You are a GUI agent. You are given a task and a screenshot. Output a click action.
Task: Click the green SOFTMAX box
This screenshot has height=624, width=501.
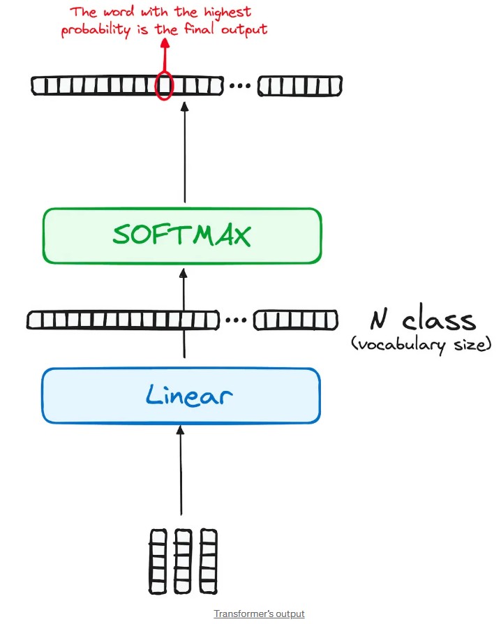tap(181, 235)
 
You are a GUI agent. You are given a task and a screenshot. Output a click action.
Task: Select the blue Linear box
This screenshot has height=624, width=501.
tap(181, 396)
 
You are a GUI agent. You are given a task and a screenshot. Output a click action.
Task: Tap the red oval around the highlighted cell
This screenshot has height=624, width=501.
tap(164, 86)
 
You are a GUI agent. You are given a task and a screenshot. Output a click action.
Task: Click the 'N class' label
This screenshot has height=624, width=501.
tap(423, 320)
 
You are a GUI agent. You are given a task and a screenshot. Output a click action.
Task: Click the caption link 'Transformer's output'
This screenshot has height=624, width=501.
tap(259, 614)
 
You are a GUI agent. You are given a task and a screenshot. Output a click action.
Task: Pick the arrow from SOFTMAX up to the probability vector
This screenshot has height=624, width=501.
tap(185, 154)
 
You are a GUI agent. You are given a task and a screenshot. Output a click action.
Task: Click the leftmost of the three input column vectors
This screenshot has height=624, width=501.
tap(158, 560)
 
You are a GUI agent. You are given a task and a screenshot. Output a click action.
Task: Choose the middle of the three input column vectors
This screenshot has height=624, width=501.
tap(183, 560)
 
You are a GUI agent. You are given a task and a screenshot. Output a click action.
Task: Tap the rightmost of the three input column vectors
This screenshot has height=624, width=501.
tap(208, 560)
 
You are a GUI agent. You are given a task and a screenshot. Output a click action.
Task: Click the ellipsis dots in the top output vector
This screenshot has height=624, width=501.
tap(239, 87)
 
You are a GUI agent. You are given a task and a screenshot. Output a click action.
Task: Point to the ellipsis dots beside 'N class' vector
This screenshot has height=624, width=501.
tap(237, 321)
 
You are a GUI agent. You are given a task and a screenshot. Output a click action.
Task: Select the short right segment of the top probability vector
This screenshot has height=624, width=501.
tap(300, 87)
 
